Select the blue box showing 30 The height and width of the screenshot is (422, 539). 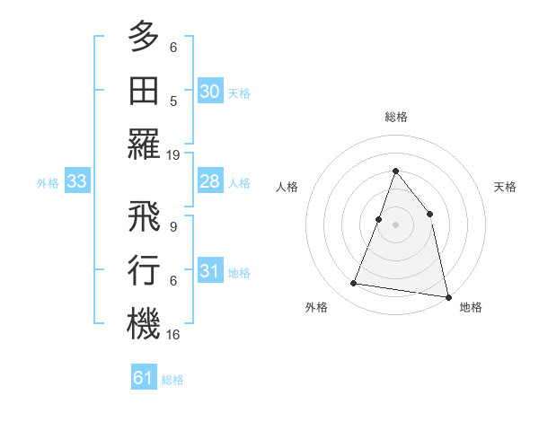point(209,92)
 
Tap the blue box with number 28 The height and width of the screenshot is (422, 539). point(209,182)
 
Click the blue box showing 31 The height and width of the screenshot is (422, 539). point(209,271)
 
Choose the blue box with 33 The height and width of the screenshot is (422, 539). point(76,182)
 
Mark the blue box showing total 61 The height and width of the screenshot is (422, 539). point(143,378)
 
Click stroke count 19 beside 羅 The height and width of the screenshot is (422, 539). point(174,154)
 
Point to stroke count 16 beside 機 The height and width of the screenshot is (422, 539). point(174,334)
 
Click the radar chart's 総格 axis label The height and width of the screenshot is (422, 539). point(395,117)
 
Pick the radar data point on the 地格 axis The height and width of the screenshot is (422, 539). point(447,296)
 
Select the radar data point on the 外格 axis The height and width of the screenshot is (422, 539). point(354,284)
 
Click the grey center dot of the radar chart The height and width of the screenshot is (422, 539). point(395,224)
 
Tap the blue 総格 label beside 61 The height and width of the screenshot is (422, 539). point(172,380)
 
